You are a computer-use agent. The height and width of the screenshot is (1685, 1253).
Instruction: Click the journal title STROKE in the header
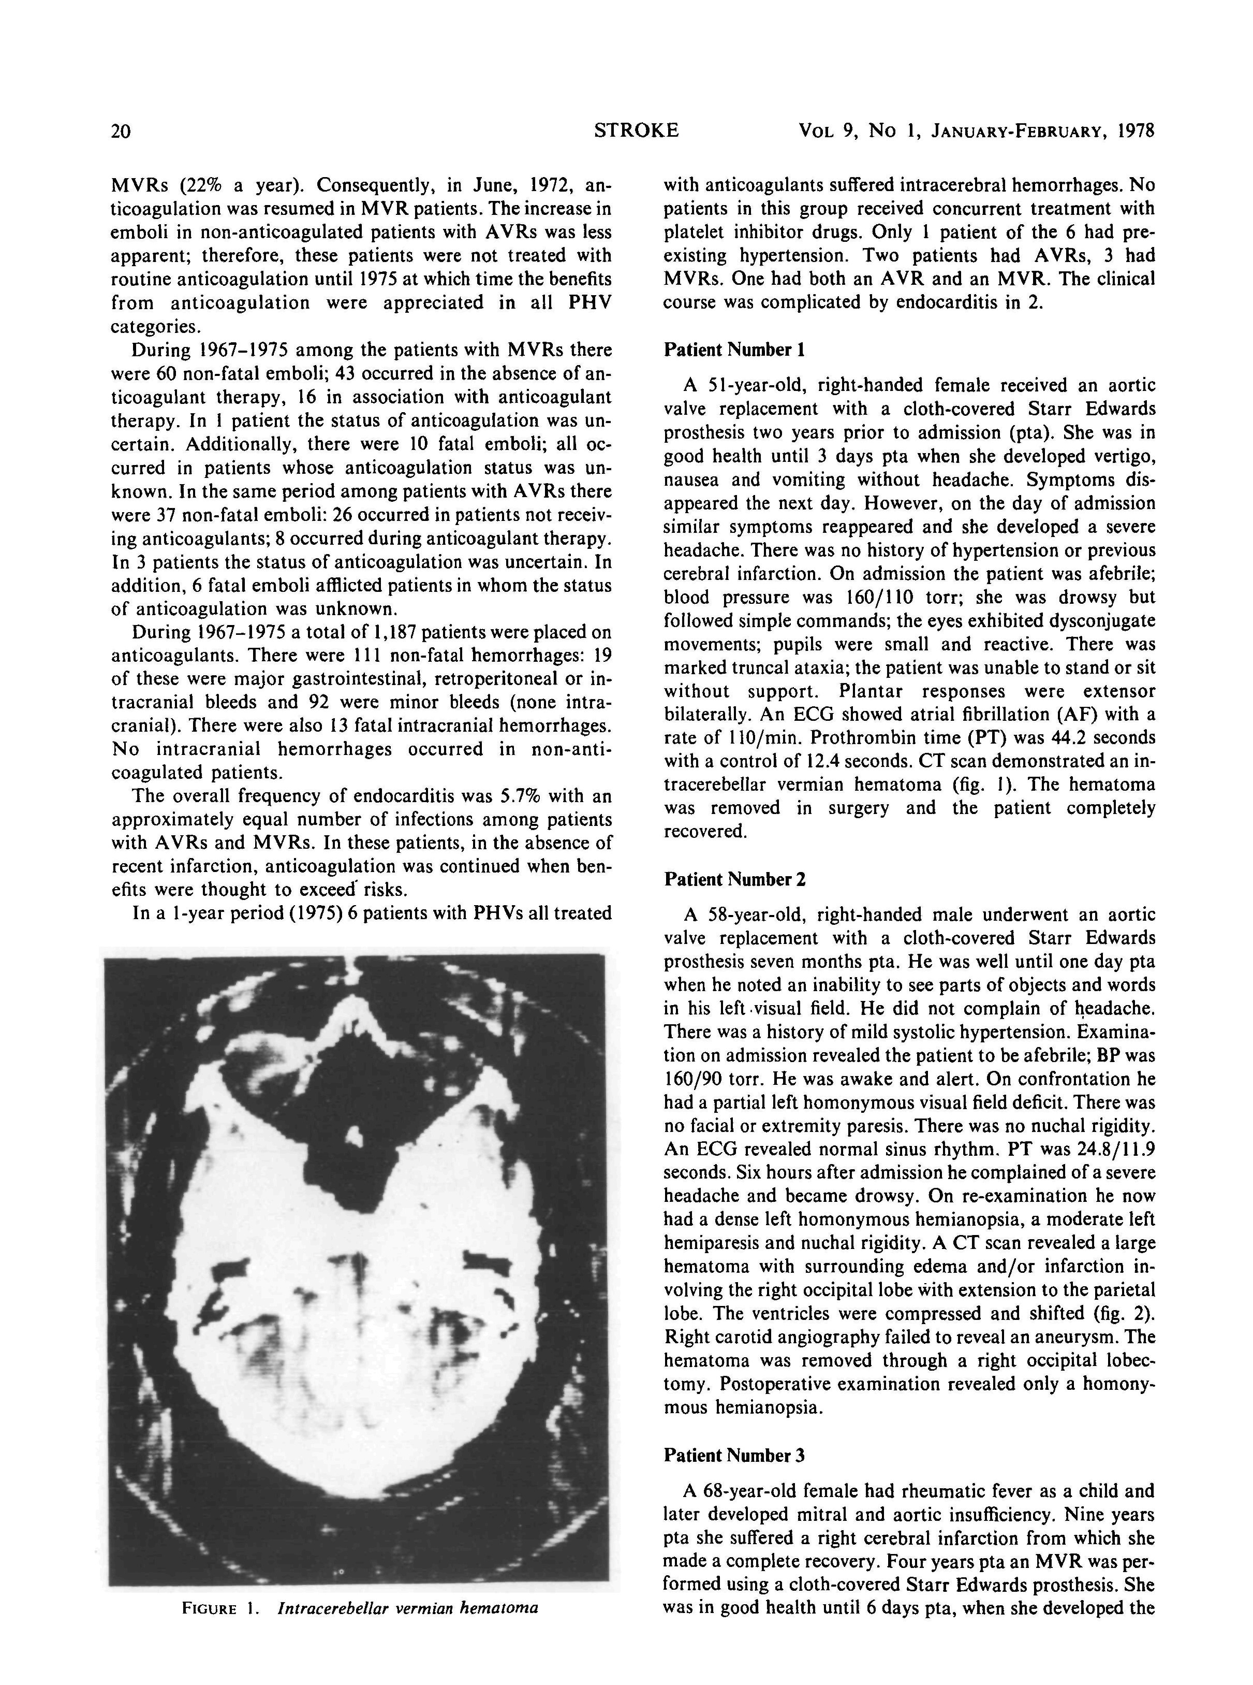pos(637,130)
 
